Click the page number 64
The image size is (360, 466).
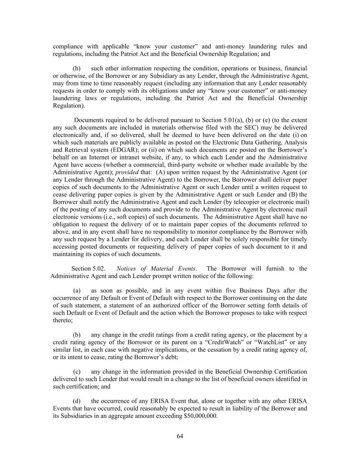[180, 436]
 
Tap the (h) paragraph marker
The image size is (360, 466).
[77, 69]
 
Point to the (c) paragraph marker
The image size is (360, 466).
[77, 371]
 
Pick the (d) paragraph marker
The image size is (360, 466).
[77, 401]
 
